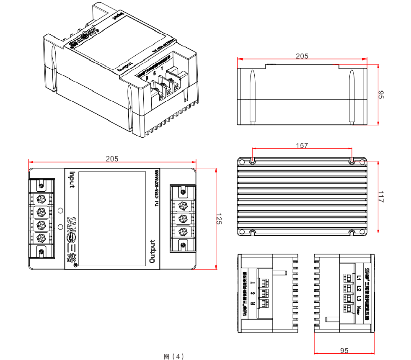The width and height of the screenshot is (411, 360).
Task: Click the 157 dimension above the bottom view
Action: [302, 146]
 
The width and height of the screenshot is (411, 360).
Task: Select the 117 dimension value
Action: [380, 197]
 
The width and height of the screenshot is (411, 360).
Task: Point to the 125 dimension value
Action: [218, 219]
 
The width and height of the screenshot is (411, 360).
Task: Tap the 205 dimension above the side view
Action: [302, 56]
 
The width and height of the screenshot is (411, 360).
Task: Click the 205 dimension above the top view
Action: [112, 159]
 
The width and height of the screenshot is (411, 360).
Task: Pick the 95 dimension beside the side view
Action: [381, 95]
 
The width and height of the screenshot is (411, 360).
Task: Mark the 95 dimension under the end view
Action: [344, 350]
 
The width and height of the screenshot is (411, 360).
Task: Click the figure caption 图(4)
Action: [173, 356]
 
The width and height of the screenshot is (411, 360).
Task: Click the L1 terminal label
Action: [359, 278]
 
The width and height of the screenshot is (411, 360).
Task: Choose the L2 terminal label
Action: [359, 288]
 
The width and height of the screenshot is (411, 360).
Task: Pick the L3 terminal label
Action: [359, 298]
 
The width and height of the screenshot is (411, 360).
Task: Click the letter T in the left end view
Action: [252, 284]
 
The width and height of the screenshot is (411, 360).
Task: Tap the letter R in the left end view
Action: [252, 303]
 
